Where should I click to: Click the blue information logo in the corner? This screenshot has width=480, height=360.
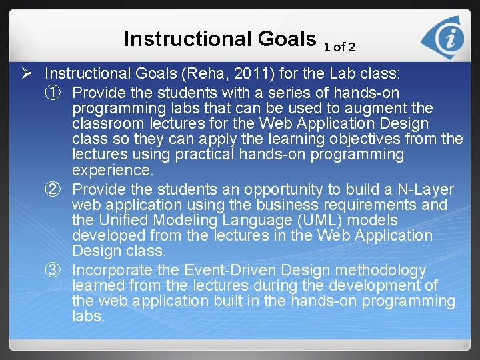[445, 37]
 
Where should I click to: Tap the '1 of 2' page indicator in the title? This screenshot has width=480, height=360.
[339, 47]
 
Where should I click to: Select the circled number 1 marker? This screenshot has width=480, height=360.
[59, 91]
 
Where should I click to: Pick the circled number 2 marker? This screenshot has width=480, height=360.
[59, 189]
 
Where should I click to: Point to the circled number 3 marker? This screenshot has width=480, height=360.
[59, 270]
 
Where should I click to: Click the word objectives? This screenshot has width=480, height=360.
[389, 139]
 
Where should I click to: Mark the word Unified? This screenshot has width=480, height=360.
[123, 220]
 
